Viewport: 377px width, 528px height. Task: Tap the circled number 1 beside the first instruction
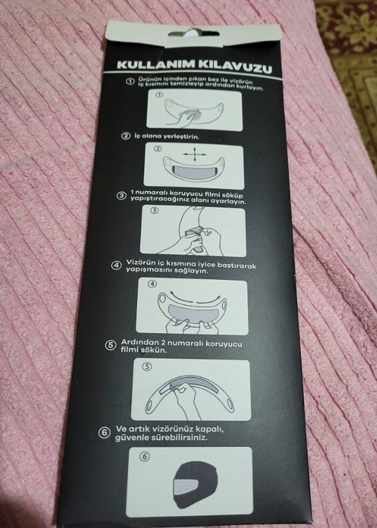[130, 81]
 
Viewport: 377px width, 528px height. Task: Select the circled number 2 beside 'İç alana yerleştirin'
[125, 136]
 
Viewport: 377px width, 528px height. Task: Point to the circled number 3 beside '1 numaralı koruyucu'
[122, 196]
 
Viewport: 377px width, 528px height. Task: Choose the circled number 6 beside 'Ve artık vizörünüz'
[104, 433]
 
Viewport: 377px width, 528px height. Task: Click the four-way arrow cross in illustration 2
[194, 155]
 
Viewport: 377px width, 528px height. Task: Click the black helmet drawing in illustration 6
[195, 484]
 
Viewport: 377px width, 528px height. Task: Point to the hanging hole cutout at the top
[193, 33]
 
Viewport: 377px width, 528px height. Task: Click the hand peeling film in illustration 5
[188, 401]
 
